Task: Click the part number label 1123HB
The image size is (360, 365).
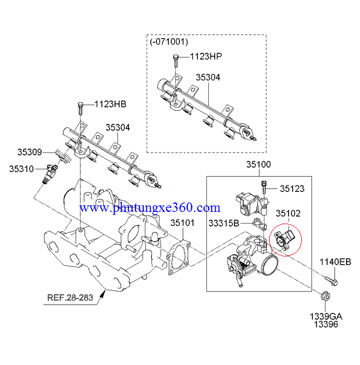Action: (x=110, y=104)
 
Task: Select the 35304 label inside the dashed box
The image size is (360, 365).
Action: (x=208, y=77)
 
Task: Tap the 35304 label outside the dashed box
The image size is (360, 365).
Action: (x=117, y=127)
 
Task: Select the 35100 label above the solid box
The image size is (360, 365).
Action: (x=257, y=165)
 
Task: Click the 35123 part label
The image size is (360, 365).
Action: (x=291, y=188)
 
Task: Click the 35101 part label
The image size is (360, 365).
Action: (x=182, y=223)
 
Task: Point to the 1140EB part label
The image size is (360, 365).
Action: (x=335, y=262)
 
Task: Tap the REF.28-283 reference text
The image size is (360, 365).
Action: (x=70, y=297)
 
